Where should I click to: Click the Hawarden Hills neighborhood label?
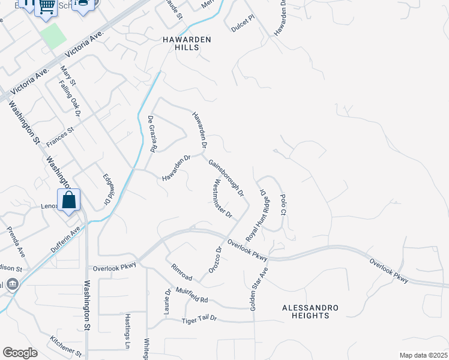coord(180,44)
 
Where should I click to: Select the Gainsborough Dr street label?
coord(226,178)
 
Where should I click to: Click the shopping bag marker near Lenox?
coord(68,200)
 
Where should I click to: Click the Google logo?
coord(20,353)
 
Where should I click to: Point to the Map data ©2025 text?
coord(423,355)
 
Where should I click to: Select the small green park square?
coord(54,37)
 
